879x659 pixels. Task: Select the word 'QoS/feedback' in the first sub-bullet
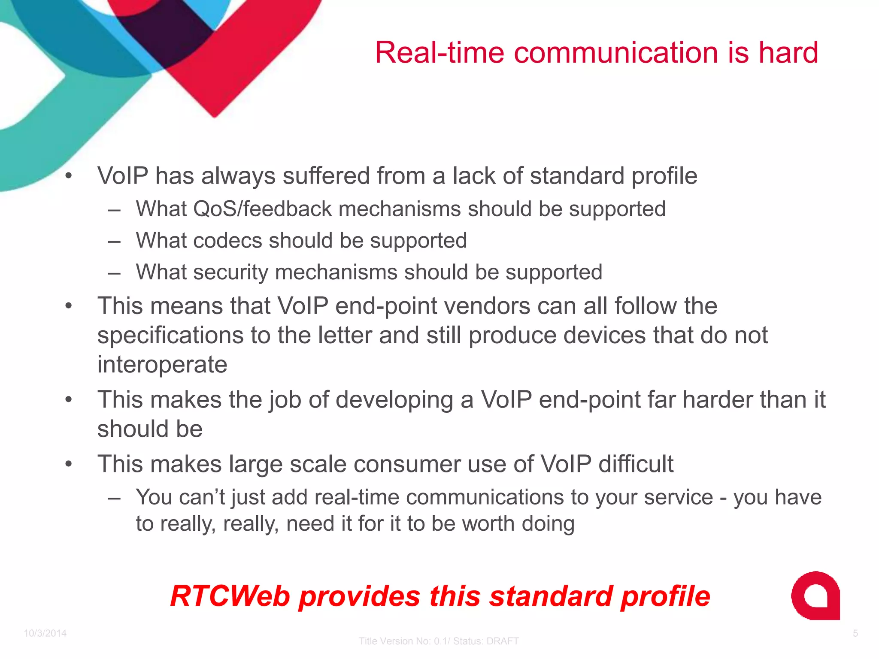point(263,209)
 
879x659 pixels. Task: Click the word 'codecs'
point(227,240)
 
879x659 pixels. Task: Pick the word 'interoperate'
point(162,364)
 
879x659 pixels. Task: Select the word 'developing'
point(394,400)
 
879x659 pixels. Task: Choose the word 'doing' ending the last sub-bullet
point(548,524)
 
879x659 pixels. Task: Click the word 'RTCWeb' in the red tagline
point(230,596)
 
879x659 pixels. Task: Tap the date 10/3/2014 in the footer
point(45,633)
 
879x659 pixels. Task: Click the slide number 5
point(855,633)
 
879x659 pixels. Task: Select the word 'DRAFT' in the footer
point(503,641)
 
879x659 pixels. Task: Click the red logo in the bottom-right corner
point(815,596)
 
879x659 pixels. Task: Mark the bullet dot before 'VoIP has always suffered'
point(68,176)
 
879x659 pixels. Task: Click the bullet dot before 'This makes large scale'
point(68,464)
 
